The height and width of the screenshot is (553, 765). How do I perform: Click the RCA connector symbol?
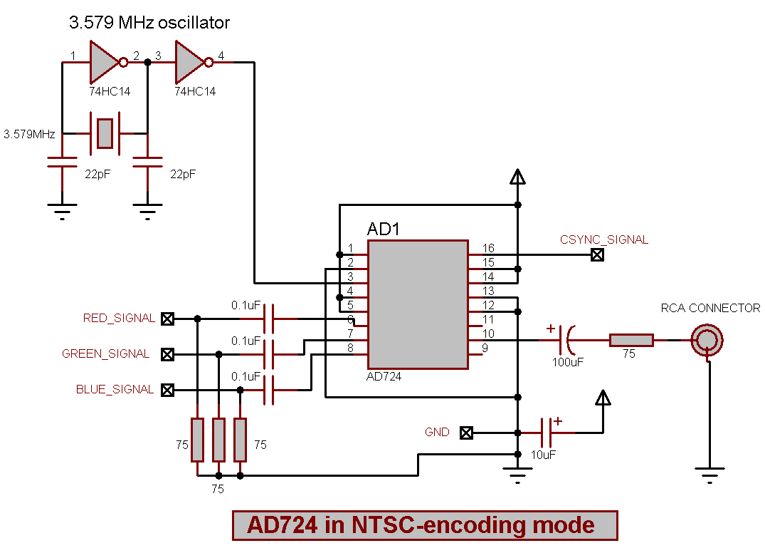click(707, 340)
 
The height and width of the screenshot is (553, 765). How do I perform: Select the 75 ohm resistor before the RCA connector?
click(631, 340)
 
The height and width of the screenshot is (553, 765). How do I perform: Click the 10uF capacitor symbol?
click(547, 433)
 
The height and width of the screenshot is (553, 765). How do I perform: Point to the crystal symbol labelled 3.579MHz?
click(105, 133)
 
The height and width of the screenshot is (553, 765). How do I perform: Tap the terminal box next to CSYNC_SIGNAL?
click(598, 254)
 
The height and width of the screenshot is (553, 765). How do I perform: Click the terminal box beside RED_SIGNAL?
click(167, 319)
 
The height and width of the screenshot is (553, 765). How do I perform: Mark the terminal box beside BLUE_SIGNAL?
click(167, 390)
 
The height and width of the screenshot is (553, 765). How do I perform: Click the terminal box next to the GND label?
click(466, 433)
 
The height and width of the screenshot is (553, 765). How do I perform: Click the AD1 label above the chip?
click(384, 229)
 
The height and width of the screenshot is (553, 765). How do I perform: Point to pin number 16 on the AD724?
click(488, 248)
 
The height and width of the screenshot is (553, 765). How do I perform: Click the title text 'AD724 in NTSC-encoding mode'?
click(425, 525)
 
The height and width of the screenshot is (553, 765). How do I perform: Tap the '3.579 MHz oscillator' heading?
click(149, 23)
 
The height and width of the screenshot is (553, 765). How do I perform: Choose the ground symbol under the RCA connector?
click(708, 472)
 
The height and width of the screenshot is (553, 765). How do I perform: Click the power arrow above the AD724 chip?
click(518, 177)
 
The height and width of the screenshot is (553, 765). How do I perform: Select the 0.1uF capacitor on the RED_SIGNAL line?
click(268, 319)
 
